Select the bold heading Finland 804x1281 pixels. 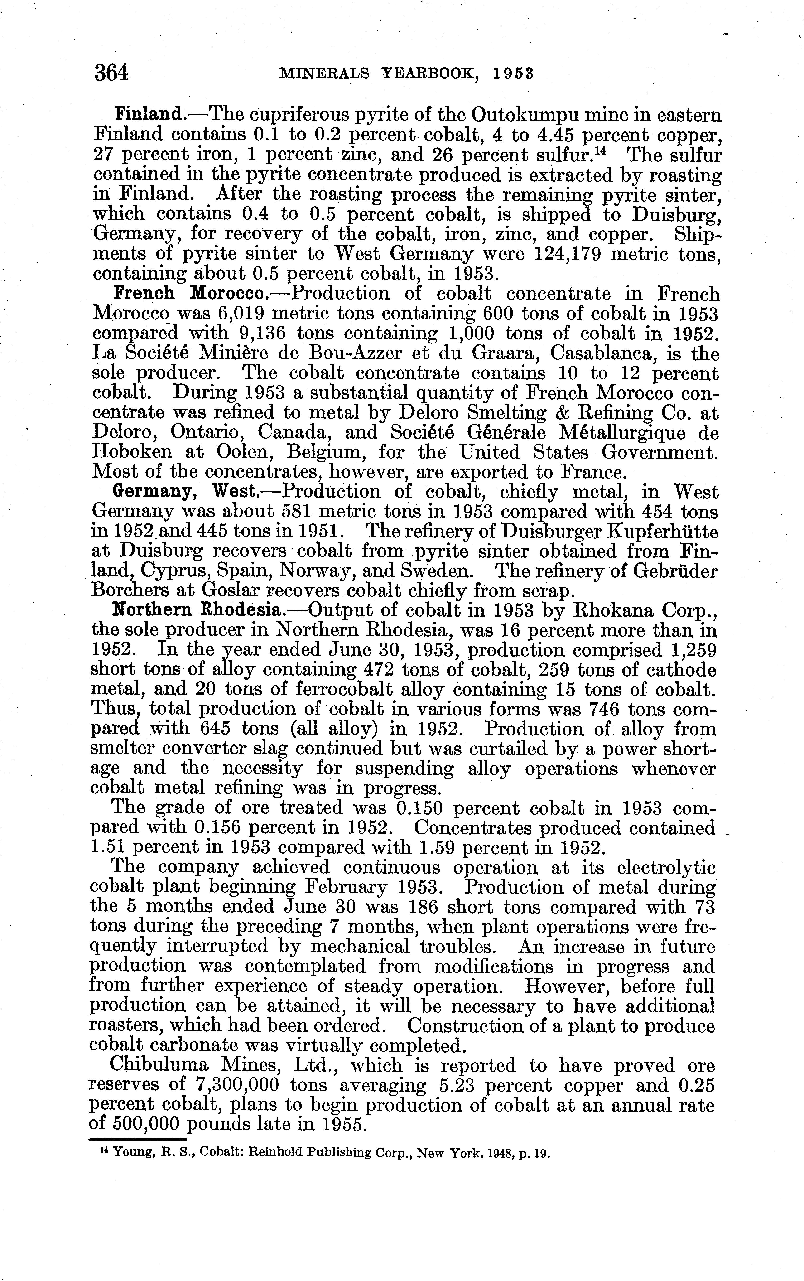pyautogui.click(x=150, y=114)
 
